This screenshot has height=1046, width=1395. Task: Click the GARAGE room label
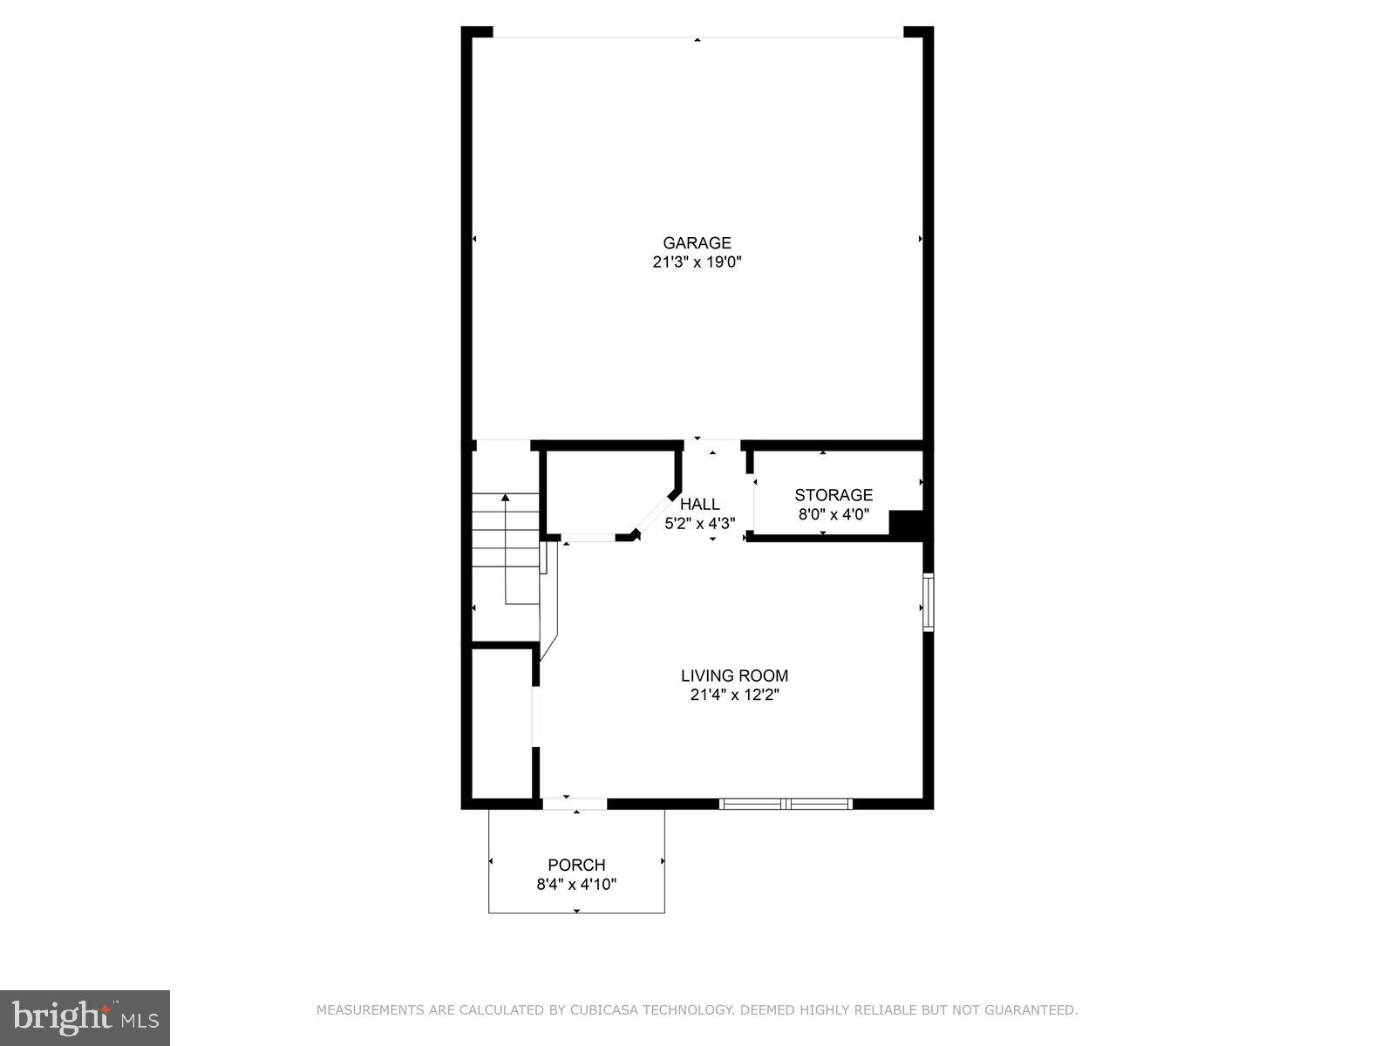(697, 243)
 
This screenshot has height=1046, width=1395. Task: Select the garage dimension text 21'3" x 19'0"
(697, 262)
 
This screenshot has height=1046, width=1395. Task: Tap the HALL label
(700, 504)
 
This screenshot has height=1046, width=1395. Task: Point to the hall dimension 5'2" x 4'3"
(700, 524)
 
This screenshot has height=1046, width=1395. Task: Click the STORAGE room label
(834, 495)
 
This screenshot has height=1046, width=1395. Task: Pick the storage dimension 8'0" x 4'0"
(834, 514)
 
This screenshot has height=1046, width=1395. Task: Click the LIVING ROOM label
(734, 676)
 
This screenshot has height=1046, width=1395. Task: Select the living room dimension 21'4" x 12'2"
(734, 695)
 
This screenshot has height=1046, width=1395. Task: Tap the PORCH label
(576, 865)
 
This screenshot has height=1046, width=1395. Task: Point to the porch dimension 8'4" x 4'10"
(576, 884)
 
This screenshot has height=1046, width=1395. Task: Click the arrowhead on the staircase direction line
(505, 498)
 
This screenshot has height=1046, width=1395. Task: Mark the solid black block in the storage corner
(907, 524)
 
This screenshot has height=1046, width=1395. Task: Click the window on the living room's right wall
(929, 601)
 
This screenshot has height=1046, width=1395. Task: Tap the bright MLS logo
(85, 1015)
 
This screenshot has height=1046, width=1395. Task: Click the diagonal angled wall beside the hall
(655, 514)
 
